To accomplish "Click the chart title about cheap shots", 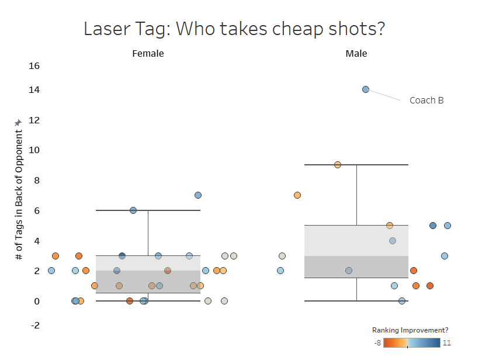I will coord(234,29).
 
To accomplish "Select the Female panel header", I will coord(148,53).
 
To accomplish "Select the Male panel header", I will coord(356,53).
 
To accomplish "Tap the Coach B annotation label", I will coord(426,100).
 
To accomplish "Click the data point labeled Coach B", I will coord(366,89).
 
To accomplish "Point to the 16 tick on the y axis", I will coord(34,65).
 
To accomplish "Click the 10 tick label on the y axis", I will coord(34,150).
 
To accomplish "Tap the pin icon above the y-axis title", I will coord(18,122).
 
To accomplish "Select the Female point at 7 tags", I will coord(198,195).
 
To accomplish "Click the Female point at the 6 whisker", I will coord(133,210).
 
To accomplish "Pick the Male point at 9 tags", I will coord(338,165).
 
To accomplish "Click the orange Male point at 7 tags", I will coord(297,195).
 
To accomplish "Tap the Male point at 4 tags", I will coord(393,241).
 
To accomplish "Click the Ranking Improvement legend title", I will coord(410,330).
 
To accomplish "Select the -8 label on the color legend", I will coord(377,343).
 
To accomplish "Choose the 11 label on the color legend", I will coord(446,343).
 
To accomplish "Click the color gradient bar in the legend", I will coord(411,343).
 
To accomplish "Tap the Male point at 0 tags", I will coord(402,301).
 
